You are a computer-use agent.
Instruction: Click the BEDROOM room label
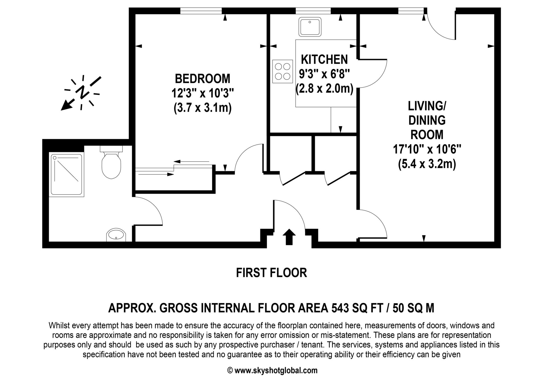[203, 79]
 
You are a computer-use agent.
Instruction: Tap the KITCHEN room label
[324, 59]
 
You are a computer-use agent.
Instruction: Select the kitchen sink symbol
[310, 27]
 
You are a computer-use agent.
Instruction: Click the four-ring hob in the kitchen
[283, 71]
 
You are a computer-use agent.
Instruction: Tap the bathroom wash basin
[116, 235]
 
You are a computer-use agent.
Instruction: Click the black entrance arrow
[289, 237]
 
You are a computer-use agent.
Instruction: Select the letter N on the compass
[82, 92]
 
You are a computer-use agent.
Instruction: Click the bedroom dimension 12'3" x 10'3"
[203, 93]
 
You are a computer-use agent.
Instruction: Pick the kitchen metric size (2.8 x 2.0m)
[325, 89]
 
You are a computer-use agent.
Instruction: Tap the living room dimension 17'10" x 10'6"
[427, 149]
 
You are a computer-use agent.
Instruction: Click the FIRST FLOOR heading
[271, 273]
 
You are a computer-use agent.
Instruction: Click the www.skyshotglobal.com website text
[276, 370]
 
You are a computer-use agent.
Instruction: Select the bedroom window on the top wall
[201, 11]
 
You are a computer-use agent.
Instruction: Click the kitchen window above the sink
[313, 11]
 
